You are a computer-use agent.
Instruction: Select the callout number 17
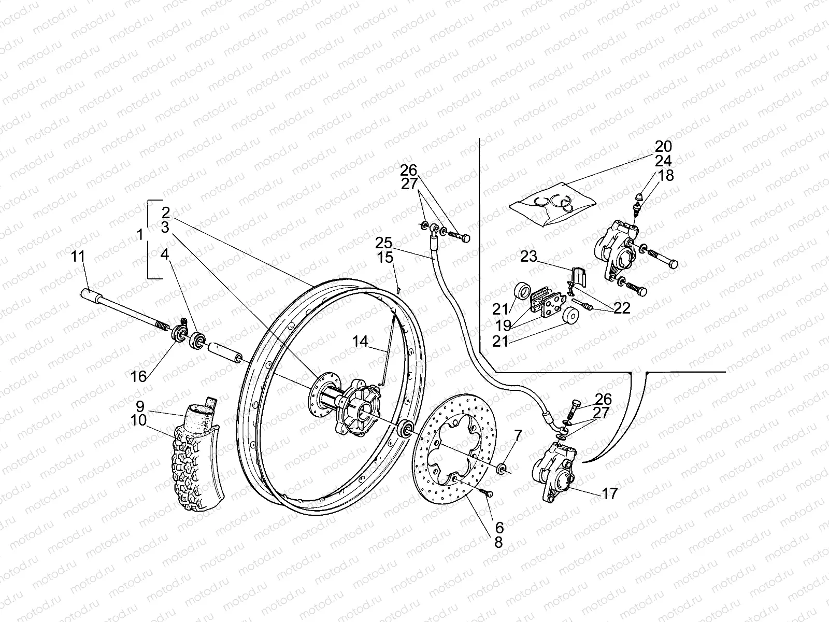(610, 494)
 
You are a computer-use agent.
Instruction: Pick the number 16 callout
(138, 377)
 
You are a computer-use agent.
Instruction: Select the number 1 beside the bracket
(140, 235)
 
